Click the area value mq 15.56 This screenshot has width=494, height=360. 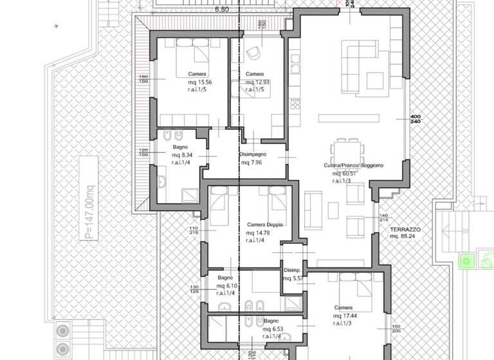(198, 83)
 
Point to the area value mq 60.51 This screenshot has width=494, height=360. (345, 174)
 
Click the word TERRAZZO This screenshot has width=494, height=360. (405, 229)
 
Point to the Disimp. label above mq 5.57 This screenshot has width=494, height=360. (293, 271)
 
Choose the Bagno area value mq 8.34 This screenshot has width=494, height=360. (182, 156)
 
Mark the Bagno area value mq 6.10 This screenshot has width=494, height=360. (228, 285)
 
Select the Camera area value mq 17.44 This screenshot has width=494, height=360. (345, 316)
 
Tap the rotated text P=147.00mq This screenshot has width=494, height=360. (88, 200)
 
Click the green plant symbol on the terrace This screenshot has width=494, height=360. (465, 261)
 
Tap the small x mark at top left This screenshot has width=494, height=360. (57, 26)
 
